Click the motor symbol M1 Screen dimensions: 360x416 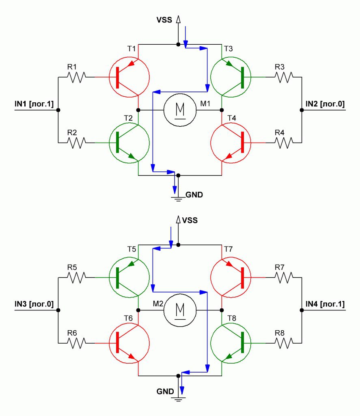click(180, 110)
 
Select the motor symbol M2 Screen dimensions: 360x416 click(180, 310)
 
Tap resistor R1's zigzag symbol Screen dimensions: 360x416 click(76, 77)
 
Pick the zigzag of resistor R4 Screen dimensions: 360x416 click(284, 143)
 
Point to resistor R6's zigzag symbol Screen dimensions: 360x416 click(76, 343)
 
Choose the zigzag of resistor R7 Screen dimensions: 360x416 click(284, 277)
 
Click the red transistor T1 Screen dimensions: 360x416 click(129, 77)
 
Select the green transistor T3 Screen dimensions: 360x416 click(231, 77)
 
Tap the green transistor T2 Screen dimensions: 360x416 click(129, 143)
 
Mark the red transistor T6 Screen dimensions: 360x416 click(129, 343)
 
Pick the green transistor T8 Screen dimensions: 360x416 click(231, 343)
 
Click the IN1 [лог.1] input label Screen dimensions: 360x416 click(34, 104)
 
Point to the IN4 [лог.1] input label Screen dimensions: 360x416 click(325, 304)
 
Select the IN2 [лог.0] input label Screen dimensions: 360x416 click(325, 104)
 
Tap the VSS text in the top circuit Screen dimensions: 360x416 click(164, 20)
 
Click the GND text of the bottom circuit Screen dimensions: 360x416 click(165, 391)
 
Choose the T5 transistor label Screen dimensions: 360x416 click(131, 249)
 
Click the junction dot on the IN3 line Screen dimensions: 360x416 click(58, 310)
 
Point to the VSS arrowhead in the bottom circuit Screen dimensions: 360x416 click(178, 219)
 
